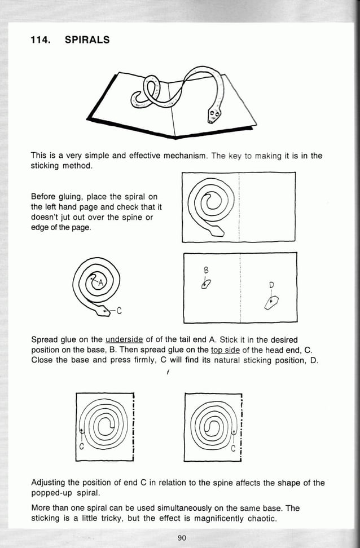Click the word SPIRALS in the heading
tap(87, 39)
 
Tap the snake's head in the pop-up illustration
tap(213, 116)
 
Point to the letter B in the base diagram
tap(207, 269)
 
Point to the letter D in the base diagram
tap(271, 285)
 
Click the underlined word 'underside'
tap(124, 339)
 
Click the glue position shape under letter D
tap(271, 303)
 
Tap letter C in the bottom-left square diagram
tap(81, 447)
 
